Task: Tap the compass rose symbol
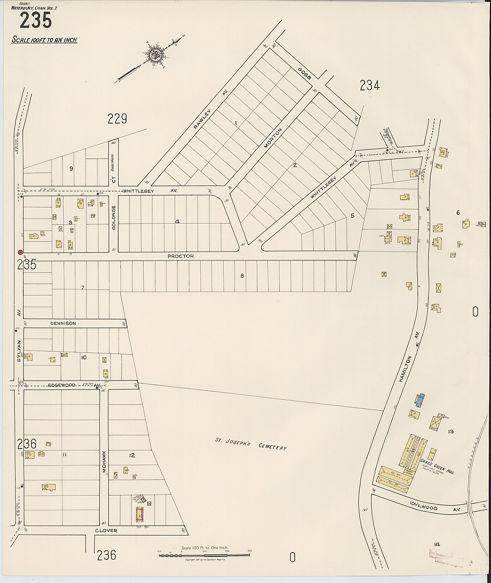coord(153,55)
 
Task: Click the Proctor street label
coord(180,256)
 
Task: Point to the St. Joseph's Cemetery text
coord(250,444)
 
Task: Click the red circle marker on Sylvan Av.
coord(20,252)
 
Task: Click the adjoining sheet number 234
coord(369,85)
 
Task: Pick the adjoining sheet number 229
coord(117,119)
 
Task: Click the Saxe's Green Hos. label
coord(437,467)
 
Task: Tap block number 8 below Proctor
coord(242,276)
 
